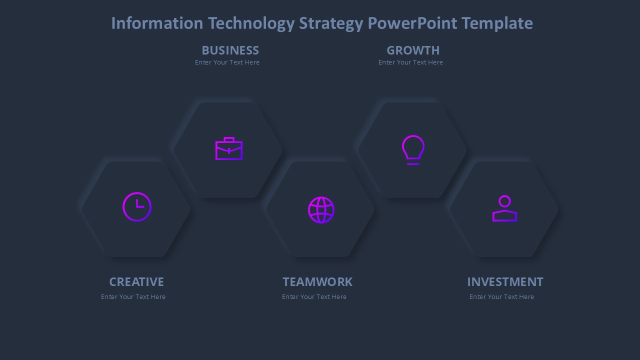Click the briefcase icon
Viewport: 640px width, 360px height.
click(229, 149)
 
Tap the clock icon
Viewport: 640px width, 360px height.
click(137, 206)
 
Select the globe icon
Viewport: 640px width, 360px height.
click(321, 210)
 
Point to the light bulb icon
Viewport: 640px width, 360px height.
click(413, 149)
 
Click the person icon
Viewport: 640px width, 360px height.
click(504, 208)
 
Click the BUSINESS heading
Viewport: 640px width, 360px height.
click(230, 50)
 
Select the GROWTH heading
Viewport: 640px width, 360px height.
click(413, 50)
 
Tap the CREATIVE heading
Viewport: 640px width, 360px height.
click(136, 282)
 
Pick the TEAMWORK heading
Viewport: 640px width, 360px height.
click(317, 282)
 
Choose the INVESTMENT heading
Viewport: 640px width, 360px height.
click(505, 282)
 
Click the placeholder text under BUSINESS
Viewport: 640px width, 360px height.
click(227, 62)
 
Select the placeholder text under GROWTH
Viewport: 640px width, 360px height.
click(410, 62)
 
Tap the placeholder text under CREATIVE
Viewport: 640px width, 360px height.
click(133, 297)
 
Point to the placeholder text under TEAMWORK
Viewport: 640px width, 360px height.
click(314, 297)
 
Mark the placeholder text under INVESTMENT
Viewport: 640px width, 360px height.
click(501, 297)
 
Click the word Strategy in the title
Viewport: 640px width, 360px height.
click(330, 23)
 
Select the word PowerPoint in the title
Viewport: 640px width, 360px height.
click(412, 23)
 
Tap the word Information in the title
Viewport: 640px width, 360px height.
click(157, 23)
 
